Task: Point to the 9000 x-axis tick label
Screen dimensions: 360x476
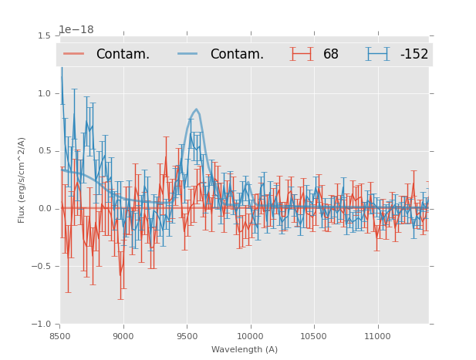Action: tap(123, 336)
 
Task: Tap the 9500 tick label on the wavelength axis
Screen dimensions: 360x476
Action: tap(187, 336)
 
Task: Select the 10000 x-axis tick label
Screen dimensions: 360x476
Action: tap(250, 336)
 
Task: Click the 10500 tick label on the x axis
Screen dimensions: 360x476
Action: tap(313, 336)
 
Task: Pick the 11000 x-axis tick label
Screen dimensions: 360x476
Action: tap(377, 336)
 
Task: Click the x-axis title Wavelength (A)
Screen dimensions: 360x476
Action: tap(245, 349)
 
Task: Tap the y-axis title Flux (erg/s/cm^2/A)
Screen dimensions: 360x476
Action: tap(22, 180)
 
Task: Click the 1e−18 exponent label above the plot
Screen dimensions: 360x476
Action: tap(76, 30)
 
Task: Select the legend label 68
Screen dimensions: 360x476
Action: tap(331, 54)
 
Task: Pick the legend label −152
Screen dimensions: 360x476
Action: tap(414, 54)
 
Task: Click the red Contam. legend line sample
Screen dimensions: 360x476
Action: tap(74, 54)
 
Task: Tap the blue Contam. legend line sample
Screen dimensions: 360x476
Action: tap(188, 54)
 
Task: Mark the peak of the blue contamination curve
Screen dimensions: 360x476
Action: tap(197, 109)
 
